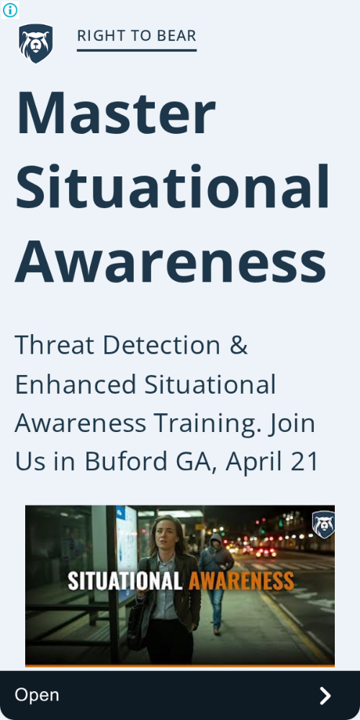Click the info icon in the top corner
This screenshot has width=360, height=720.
pos(9,9)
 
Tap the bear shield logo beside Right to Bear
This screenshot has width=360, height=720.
pos(36,44)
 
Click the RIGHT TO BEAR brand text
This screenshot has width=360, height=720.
pos(136,36)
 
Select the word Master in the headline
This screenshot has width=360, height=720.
pos(116,112)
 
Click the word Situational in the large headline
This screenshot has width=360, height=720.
pos(173,186)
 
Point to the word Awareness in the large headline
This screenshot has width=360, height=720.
pos(171,261)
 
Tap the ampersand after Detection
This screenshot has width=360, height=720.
pos(238,346)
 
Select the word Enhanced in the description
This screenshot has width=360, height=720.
pos(76,384)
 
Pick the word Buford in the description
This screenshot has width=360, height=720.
pos(126,462)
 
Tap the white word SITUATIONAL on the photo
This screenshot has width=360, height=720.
pos(125,581)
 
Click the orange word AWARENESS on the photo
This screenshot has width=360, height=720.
pos(241,581)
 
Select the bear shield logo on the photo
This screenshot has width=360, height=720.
pos(323,524)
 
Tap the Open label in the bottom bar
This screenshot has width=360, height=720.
pos(37,696)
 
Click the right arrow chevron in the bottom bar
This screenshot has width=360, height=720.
pos(325,696)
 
